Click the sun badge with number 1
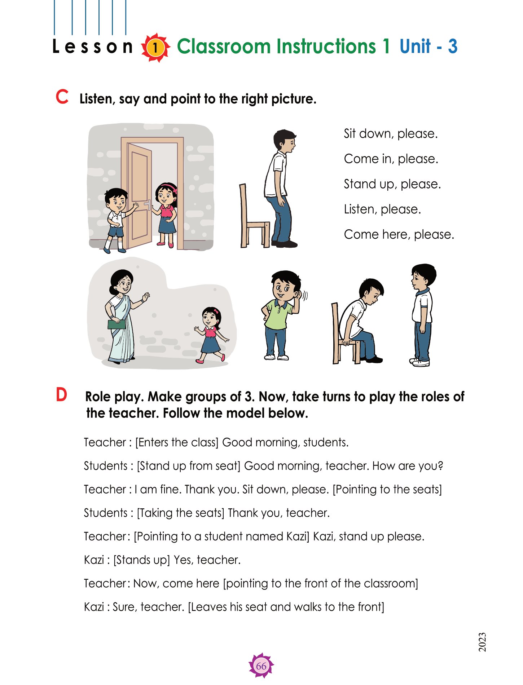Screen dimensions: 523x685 pos(155,48)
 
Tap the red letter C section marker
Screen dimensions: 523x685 pos(62,97)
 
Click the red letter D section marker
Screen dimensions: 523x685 pos(62,395)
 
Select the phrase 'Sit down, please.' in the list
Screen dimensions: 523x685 pos(391,134)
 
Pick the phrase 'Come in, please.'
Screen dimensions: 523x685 pos(391,159)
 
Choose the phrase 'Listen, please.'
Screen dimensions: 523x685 pos(382,209)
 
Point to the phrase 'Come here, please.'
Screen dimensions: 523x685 pos(399,235)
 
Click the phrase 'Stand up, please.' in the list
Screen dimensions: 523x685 pos(392,184)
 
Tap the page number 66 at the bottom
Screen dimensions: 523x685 pos(261,666)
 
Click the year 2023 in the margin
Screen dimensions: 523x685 pos(482,642)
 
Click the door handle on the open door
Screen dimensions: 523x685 pos(148,205)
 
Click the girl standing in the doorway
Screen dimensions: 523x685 pos(166,215)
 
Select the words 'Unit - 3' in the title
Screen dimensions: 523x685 pos(428,47)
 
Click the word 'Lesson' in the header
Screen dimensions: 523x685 pos(93,47)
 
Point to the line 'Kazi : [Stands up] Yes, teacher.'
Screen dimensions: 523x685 pos(162,560)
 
